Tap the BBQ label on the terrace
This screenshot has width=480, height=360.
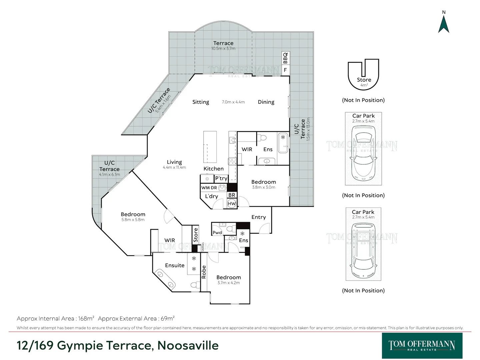[285, 58]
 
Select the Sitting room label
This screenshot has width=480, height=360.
[201, 102]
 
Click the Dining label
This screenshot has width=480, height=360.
[266, 102]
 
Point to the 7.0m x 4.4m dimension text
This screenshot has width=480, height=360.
[233, 102]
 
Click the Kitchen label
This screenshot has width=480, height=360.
[214, 169]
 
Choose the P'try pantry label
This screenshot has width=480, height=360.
[221, 178]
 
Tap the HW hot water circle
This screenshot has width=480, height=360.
[232, 203]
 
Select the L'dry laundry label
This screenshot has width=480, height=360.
[211, 196]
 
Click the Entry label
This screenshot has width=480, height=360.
[259, 217]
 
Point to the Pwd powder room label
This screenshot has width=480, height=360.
[217, 233]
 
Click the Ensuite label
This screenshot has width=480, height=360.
[175, 265]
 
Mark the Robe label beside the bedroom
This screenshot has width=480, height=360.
[204, 272]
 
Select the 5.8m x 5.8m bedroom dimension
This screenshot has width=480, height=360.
[133, 220]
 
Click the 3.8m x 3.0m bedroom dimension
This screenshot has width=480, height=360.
[263, 187]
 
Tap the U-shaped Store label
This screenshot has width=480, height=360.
[364, 80]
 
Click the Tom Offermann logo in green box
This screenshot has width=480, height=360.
[422, 345]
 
